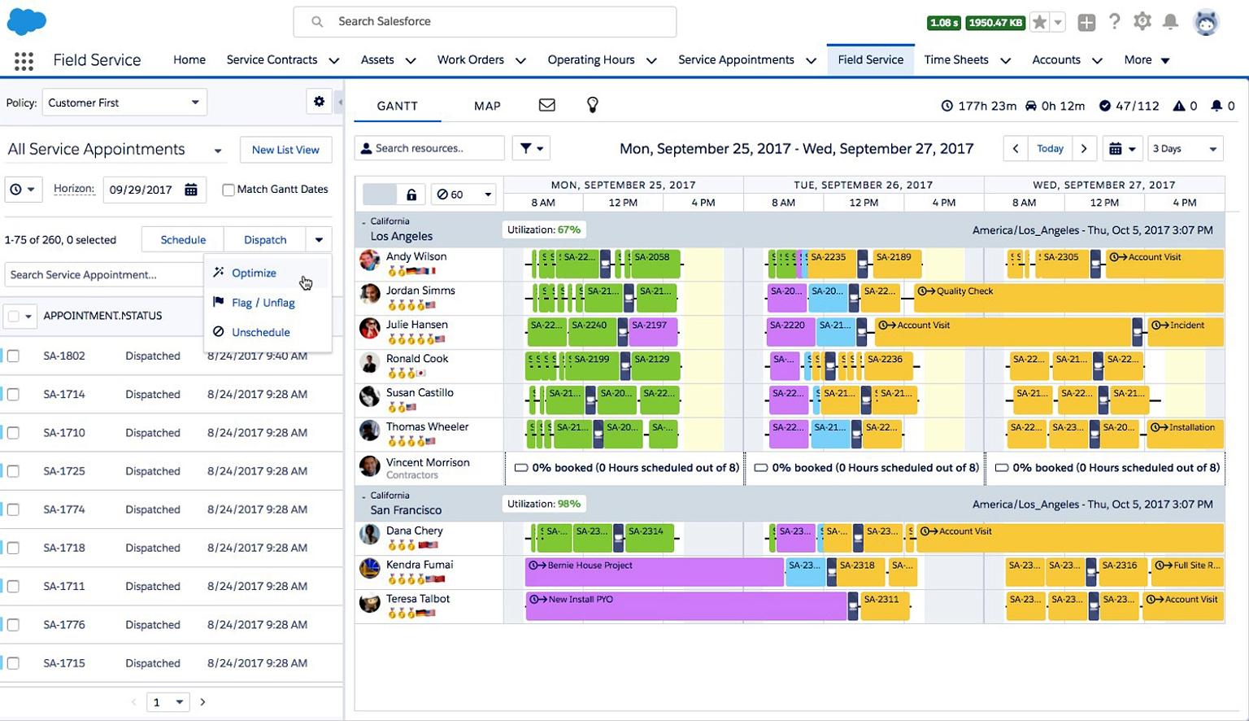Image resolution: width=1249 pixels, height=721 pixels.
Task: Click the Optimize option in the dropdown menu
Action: (254, 273)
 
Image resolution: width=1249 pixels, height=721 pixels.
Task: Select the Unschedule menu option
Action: (260, 332)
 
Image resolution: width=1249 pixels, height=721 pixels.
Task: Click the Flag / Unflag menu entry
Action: (263, 303)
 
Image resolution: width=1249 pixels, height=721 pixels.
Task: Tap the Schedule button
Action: (183, 240)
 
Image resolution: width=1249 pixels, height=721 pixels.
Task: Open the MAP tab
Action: (487, 106)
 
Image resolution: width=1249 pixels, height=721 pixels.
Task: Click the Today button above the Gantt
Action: (1050, 149)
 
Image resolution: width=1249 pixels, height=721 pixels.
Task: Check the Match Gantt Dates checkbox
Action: (228, 190)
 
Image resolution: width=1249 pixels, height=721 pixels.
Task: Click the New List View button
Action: (285, 150)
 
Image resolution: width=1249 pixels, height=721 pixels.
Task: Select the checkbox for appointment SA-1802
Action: (13, 356)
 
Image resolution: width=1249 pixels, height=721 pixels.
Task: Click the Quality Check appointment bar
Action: (1068, 299)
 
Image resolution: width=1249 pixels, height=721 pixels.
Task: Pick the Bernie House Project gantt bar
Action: (654, 572)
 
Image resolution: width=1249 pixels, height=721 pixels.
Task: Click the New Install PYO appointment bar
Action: (685, 606)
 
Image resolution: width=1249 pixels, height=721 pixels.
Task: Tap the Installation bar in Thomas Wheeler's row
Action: (1185, 434)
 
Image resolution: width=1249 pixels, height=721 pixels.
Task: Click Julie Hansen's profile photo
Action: (370, 328)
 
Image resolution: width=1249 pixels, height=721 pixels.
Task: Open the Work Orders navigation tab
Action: (470, 60)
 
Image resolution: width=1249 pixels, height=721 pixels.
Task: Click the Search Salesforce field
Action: (485, 22)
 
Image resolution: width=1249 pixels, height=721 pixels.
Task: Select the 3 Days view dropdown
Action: (1185, 149)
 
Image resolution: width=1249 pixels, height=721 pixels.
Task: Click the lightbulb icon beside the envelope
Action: (592, 105)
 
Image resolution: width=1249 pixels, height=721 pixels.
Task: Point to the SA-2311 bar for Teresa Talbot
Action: (885, 606)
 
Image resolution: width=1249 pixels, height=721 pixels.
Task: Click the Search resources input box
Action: (429, 148)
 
